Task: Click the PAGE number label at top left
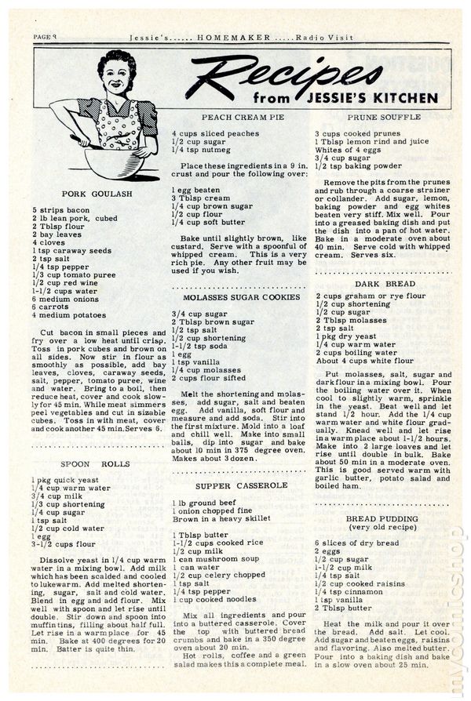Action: (x=49, y=36)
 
